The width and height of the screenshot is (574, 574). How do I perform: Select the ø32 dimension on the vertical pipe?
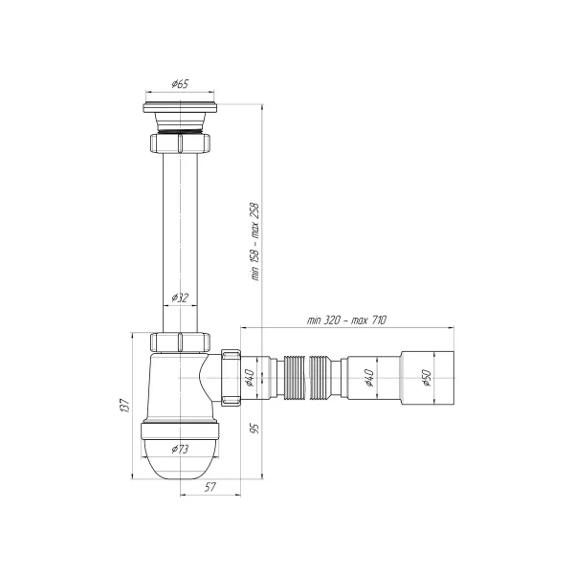click(x=179, y=298)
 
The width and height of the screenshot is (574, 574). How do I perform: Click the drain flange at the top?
click(x=181, y=107)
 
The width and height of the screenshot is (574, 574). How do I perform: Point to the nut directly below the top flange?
click(x=181, y=144)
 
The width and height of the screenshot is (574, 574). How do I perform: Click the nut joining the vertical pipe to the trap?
click(x=181, y=342)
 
